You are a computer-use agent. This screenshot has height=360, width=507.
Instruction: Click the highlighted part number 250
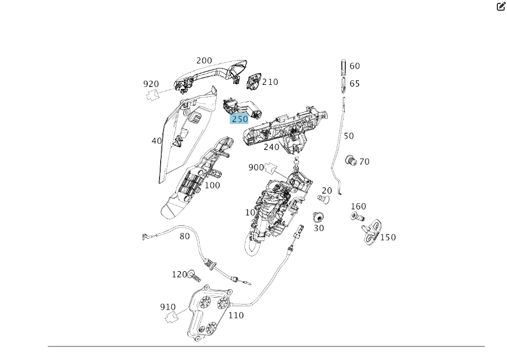pyautogui.click(x=239, y=119)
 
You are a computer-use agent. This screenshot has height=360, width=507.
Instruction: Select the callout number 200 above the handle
pyautogui.click(x=204, y=61)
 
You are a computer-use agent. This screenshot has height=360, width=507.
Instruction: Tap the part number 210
pyautogui.click(x=270, y=82)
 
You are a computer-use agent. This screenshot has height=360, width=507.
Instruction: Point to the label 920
pyautogui.click(x=151, y=84)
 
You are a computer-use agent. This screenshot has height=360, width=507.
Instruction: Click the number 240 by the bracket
pyautogui.click(x=272, y=147)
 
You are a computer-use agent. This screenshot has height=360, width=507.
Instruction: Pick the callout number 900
pyautogui.click(x=256, y=168)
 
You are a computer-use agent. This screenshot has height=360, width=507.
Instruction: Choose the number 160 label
pyautogui.click(x=358, y=207)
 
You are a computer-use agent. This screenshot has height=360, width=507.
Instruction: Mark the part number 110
pyautogui.click(x=236, y=315)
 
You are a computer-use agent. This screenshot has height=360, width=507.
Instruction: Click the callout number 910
pyautogui.click(x=167, y=307)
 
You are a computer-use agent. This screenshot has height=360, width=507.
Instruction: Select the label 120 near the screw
pyautogui.click(x=179, y=275)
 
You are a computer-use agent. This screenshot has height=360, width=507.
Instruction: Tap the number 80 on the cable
pyautogui.click(x=184, y=236)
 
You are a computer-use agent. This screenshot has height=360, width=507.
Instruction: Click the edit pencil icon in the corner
pyautogui.click(x=501, y=7)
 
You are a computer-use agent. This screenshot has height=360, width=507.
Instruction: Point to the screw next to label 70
pyautogui.click(x=350, y=161)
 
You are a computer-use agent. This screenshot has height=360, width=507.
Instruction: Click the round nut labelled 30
pyautogui.click(x=318, y=217)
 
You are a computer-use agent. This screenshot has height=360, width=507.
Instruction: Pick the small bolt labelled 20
pyautogui.click(x=324, y=199)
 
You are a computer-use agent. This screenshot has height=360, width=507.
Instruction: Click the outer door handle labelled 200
pyautogui.click(x=212, y=72)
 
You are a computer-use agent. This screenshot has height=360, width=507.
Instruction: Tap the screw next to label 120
pyautogui.click(x=194, y=276)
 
